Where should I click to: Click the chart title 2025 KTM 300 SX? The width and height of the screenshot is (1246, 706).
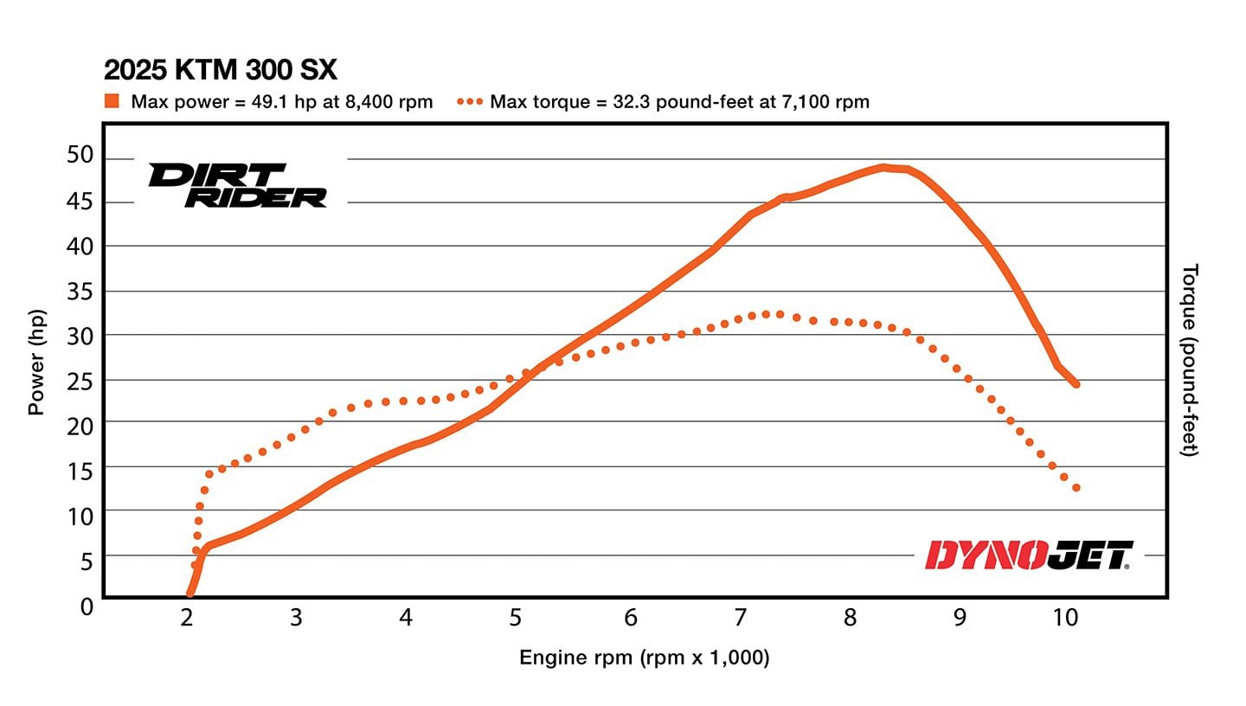click(x=221, y=69)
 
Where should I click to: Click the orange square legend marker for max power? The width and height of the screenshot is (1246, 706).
click(x=112, y=101)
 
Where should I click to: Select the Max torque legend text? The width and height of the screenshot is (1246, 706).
click(x=679, y=101)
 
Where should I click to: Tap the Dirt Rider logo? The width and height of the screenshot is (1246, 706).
click(x=238, y=185)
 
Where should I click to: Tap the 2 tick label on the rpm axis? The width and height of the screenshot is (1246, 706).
click(x=186, y=617)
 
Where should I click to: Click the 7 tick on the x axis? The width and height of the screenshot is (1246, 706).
click(x=740, y=617)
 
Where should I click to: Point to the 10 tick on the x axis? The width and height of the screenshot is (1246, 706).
click(x=1066, y=617)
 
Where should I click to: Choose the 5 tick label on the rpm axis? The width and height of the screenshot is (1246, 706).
click(x=515, y=617)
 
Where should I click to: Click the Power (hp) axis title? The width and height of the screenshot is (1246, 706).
click(x=36, y=363)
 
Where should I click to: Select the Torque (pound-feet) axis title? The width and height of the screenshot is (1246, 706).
click(x=1191, y=360)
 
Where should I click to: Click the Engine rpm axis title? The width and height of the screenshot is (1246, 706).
click(x=644, y=658)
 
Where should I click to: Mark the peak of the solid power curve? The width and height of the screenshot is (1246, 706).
click(x=883, y=167)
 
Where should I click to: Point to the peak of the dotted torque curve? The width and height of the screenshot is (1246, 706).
click(x=765, y=314)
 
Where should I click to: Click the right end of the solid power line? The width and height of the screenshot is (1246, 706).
click(x=1076, y=384)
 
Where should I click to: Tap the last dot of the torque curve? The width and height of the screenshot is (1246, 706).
click(x=1076, y=488)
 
